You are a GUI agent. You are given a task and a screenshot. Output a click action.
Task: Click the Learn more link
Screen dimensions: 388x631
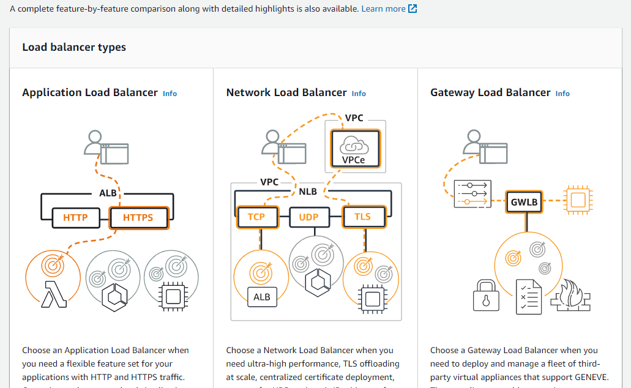coord(383,9)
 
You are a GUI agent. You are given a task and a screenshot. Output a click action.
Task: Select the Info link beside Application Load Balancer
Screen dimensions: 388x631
coord(170,94)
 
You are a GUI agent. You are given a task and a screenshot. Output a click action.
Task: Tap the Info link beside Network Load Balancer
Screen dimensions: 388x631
coord(359,94)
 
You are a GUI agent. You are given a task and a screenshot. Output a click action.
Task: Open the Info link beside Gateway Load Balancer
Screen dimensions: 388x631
coord(562,94)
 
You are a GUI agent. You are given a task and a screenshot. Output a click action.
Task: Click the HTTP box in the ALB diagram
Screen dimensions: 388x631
coord(75,217)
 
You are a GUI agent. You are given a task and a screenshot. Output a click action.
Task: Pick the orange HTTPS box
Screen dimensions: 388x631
coord(138,217)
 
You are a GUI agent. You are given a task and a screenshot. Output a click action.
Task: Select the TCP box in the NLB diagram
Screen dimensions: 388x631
coord(256,217)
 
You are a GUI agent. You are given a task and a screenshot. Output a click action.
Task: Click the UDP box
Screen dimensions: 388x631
coord(308,217)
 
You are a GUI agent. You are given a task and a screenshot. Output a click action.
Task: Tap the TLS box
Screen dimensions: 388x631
coord(362,217)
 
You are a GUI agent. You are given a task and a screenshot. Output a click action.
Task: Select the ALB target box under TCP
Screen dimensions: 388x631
coord(262,297)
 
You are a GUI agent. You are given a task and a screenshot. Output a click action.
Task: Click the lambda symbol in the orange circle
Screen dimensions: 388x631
coord(53,294)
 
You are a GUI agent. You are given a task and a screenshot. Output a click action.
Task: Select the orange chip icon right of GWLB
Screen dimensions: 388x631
coord(578,200)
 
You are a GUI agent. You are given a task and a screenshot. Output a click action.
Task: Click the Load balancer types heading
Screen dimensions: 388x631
coord(74,47)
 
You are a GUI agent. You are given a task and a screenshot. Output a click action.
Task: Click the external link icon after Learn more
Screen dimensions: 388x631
coord(413,9)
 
